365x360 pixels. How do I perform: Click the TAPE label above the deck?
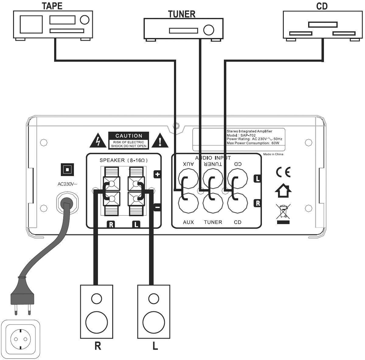pos(52,6)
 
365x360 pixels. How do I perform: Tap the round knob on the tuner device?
pos(209,30)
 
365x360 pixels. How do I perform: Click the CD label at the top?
pos(322,6)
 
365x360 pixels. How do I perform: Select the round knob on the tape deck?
pos(84,20)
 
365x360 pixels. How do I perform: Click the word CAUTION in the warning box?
pos(129,136)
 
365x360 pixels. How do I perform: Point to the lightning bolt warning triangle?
pos(98,141)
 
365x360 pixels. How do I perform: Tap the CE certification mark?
pos(283,172)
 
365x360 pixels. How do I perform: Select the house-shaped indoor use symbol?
pos(283,191)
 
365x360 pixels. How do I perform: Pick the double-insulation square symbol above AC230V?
pos(68,169)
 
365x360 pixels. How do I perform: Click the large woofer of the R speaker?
pos(97,322)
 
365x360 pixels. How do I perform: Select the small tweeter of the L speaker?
pos(154,298)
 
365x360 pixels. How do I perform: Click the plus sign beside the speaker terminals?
pos(158,174)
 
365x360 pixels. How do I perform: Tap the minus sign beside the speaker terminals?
pos(158,208)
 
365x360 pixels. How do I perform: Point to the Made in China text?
pos(273,154)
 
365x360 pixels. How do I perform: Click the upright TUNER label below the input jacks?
pos(213,222)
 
